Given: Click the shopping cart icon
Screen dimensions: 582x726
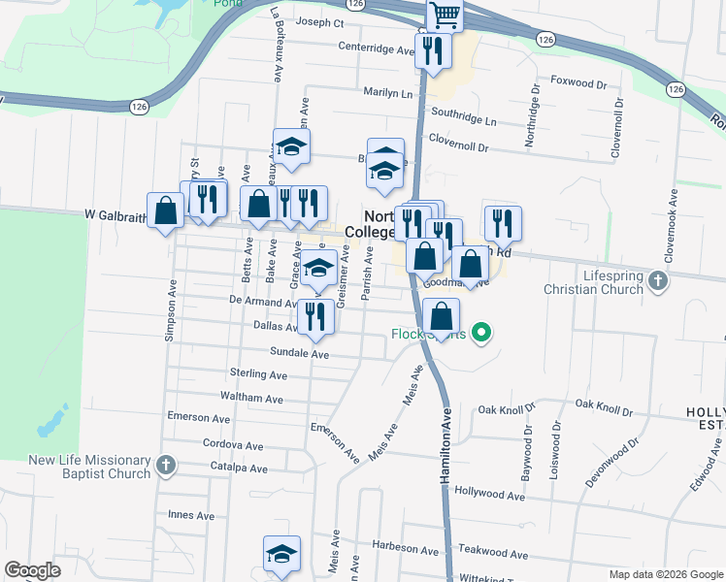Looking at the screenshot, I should [x=445, y=15].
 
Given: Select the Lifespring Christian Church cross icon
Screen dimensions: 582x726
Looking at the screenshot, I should [x=659, y=281].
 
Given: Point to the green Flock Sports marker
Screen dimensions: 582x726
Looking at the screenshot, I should [x=480, y=334].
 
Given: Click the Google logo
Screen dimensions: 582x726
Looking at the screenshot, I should [x=33, y=570].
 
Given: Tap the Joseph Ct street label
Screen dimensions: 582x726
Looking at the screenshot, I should [x=320, y=22].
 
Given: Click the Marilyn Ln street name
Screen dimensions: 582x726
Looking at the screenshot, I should [x=387, y=94].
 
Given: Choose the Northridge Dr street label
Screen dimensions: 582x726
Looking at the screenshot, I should [x=531, y=121].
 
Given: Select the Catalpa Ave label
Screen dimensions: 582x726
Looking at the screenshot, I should [x=239, y=469].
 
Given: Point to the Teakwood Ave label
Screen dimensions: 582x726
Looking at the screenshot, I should [x=494, y=555].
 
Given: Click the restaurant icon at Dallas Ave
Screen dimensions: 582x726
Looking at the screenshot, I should [x=314, y=317].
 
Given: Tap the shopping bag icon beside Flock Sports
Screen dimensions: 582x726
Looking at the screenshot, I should [x=441, y=316].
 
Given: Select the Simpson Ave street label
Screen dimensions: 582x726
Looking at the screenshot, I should [x=171, y=310].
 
